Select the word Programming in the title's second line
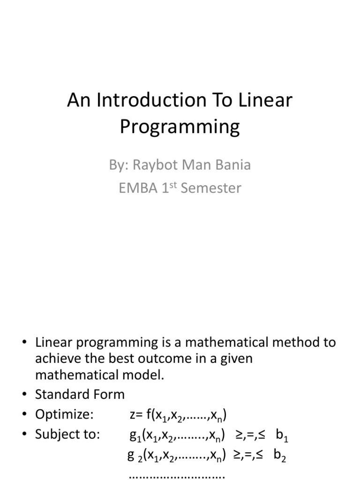180,127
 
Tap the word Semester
211,188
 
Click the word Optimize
64,415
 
